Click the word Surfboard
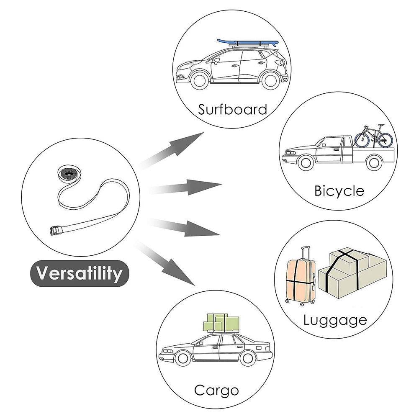coord(232,110)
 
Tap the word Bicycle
coord(339,191)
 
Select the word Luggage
coord(335,321)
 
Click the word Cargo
coord(216,391)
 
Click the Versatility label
coord(80,273)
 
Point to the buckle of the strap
coord(56,231)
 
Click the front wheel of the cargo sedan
coord(183,359)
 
